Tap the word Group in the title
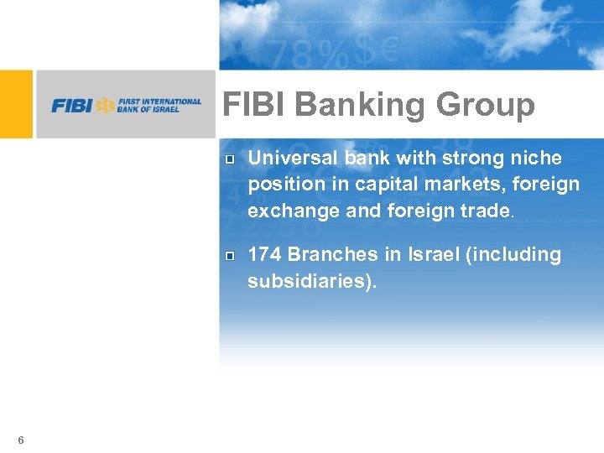(x=487, y=106)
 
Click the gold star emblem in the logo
(x=105, y=106)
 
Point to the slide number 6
(x=20, y=440)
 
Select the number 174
(x=264, y=254)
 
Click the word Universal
(x=290, y=159)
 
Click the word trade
(x=482, y=210)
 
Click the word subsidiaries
(x=308, y=280)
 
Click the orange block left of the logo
(x=16, y=104)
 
